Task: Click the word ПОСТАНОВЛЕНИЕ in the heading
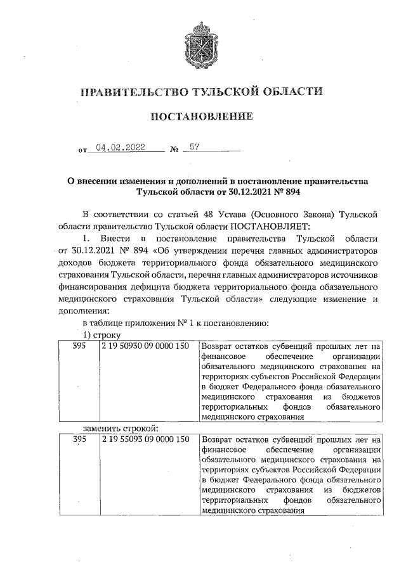(x=201, y=117)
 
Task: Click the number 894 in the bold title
(x=291, y=191)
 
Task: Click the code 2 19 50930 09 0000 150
(x=145, y=347)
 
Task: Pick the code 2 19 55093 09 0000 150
(x=145, y=439)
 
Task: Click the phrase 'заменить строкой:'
(x=119, y=428)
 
